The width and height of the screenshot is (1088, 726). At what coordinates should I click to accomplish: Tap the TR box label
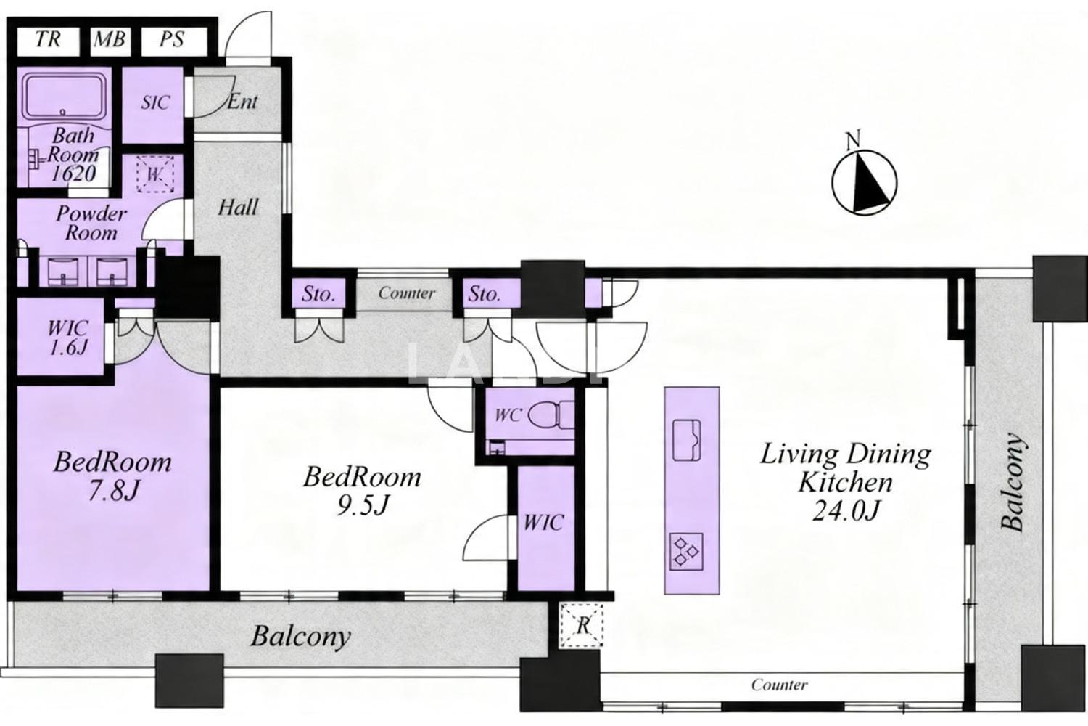(48, 39)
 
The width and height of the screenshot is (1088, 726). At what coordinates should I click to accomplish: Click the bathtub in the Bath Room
(65, 97)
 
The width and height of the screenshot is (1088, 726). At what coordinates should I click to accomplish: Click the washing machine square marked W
(155, 174)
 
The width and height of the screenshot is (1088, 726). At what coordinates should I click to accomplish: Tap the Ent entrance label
(242, 102)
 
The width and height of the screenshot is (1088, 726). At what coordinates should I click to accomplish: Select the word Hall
(237, 208)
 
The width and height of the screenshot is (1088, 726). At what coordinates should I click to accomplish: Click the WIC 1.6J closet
(61, 336)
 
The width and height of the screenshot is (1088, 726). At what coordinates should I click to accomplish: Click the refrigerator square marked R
(582, 625)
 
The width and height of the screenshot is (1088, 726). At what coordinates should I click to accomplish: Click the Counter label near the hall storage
(406, 293)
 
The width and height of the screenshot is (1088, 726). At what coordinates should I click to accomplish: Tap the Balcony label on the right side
(1013, 481)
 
